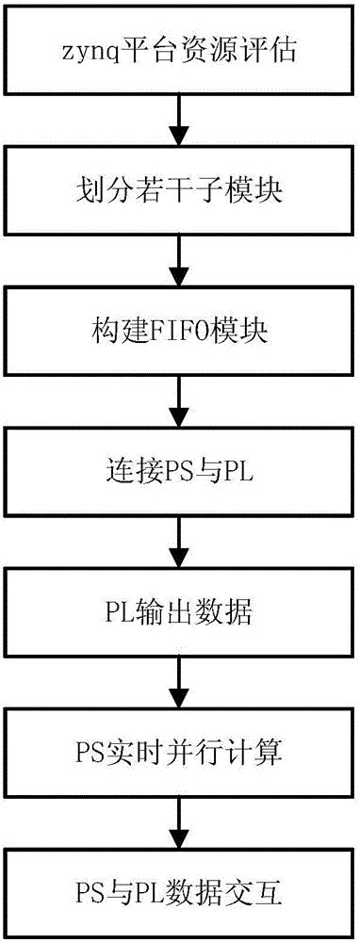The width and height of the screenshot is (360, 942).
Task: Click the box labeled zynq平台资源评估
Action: [x=179, y=50]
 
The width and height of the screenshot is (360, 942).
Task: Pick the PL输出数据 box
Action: [x=179, y=612]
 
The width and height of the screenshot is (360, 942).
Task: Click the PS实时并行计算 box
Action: [x=179, y=754]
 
